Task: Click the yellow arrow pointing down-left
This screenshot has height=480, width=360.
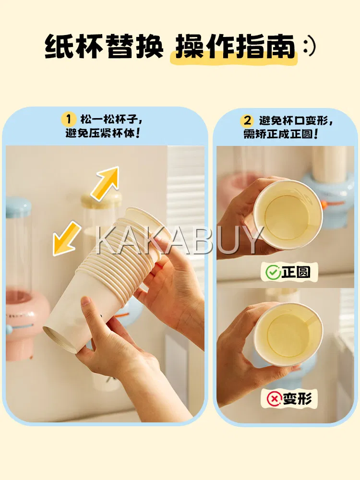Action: [x=66, y=239]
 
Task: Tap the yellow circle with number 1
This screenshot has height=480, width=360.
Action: [x=69, y=119]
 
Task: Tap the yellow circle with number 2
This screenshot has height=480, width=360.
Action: [x=247, y=120]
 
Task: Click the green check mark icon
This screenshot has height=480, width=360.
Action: [x=272, y=272]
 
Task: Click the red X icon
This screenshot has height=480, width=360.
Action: [x=274, y=398]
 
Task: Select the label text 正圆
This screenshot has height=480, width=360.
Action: [x=296, y=272]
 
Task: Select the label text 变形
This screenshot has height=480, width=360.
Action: [x=297, y=398]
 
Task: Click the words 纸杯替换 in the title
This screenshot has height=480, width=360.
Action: [x=104, y=47]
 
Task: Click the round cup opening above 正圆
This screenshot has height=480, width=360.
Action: [x=288, y=214]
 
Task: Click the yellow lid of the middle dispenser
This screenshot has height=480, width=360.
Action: [x=101, y=199]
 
